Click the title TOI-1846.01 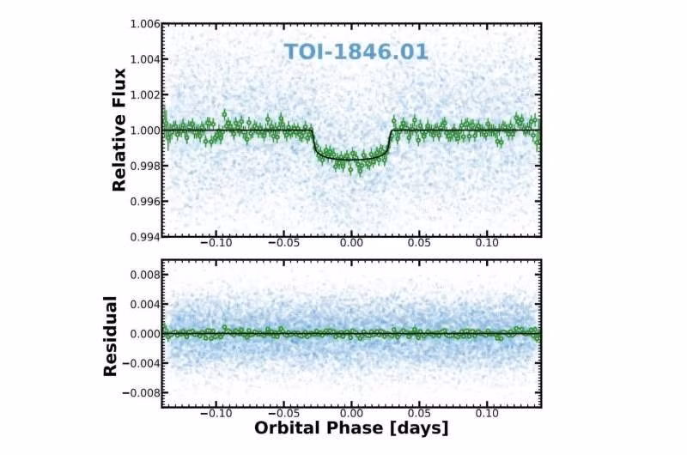pyautogui.click(x=356, y=52)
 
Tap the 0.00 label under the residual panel pyautogui.click(x=351, y=412)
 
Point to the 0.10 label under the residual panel pyautogui.click(x=487, y=412)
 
